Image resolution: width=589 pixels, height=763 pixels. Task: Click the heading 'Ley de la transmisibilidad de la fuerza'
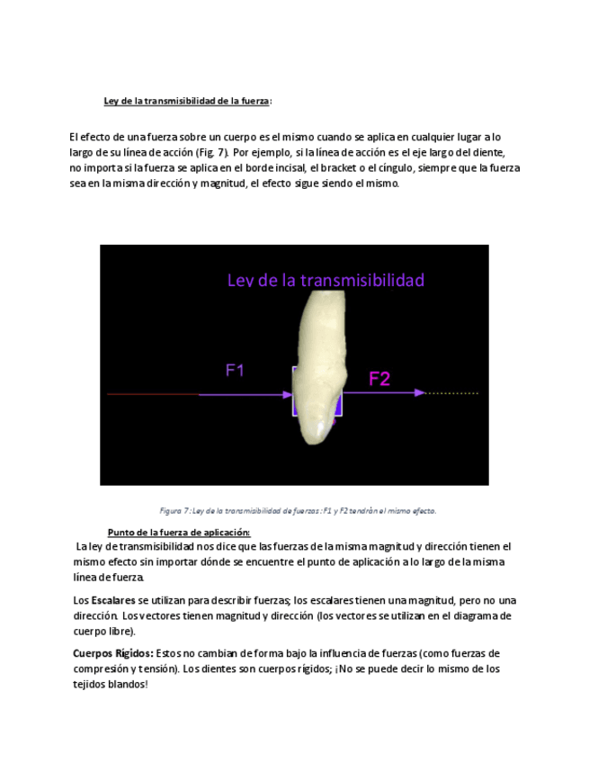(x=187, y=101)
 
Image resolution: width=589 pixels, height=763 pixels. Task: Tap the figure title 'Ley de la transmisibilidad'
(x=326, y=280)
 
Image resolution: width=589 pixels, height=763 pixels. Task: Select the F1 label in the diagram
(x=235, y=370)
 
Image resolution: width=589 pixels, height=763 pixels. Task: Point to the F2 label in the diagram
(x=379, y=379)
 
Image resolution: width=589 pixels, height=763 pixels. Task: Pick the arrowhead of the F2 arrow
(x=419, y=393)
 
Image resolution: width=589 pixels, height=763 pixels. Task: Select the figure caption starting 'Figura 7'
(x=298, y=510)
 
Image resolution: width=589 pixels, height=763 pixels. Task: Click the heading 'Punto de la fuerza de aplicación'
(x=178, y=532)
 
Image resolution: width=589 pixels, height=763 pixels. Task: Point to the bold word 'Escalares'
(x=113, y=600)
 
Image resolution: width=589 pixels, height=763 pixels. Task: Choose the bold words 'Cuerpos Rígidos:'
(x=112, y=653)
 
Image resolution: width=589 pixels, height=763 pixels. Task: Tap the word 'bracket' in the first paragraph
(x=350, y=167)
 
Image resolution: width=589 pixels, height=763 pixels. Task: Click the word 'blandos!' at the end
(x=128, y=684)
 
